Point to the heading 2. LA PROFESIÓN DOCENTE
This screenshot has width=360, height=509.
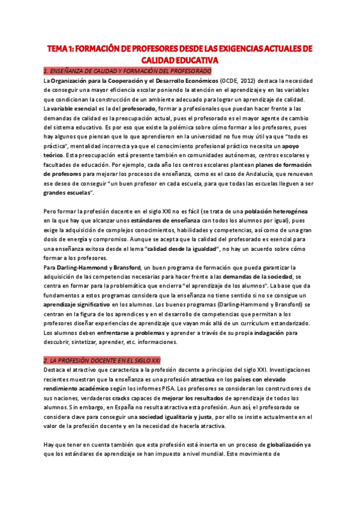(x=102, y=360)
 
